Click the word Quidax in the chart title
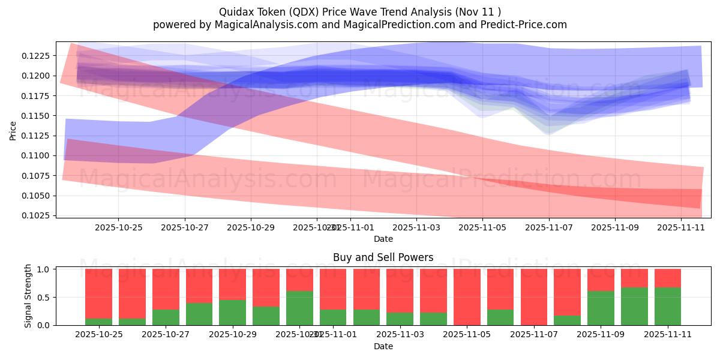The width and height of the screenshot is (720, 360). pyautogui.click(x=235, y=11)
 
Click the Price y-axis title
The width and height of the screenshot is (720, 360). pyautogui.click(x=13, y=130)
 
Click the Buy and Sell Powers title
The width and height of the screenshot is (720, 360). pyautogui.click(x=383, y=257)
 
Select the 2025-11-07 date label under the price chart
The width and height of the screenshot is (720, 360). pyautogui.click(x=548, y=228)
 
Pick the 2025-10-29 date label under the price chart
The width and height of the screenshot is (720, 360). pyautogui.click(x=251, y=228)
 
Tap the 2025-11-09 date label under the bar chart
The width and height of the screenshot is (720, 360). pyautogui.click(x=601, y=334)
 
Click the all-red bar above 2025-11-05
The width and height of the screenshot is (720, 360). pyautogui.click(x=467, y=297)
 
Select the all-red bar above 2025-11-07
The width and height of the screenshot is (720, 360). pyautogui.click(x=534, y=297)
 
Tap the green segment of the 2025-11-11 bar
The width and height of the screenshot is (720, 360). pyautogui.click(x=668, y=307)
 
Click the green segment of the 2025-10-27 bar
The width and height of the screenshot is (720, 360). pyautogui.click(x=166, y=317)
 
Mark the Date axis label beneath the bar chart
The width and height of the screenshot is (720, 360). pyautogui.click(x=383, y=346)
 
